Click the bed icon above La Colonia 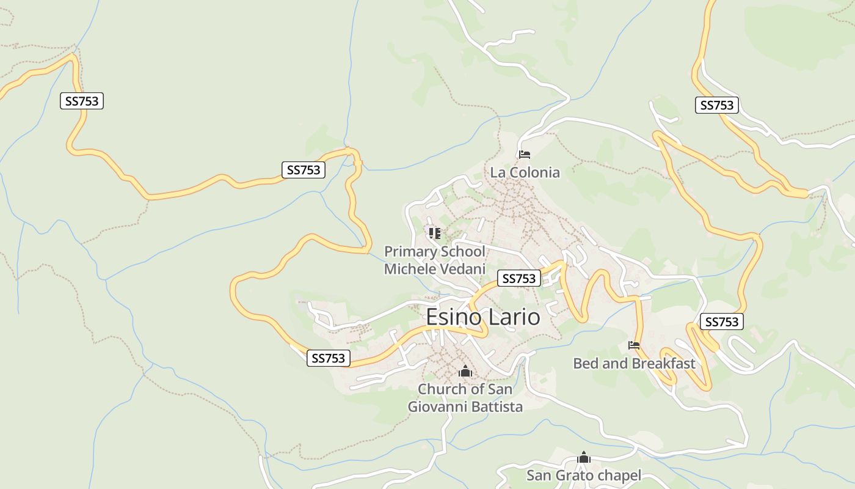click(524, 154)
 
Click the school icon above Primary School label click(434, 233)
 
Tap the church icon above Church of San click(465, 371)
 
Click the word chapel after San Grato click(617, 475)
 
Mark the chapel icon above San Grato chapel click(584, 457)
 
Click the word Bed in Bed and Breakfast click(585, 363)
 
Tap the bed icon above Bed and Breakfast click(634, 345)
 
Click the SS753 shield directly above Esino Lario click(519, 279)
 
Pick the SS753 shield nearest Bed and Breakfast click(721, 322)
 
